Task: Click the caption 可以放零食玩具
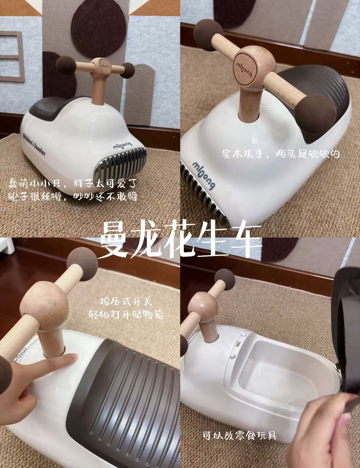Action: (x=239, y=435)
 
